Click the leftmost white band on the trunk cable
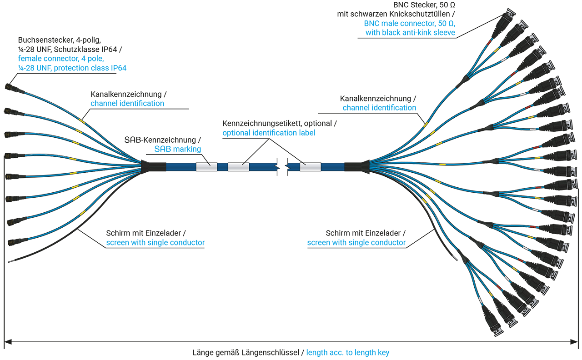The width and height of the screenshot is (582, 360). point(206,167)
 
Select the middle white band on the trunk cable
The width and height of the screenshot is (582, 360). point(238,167)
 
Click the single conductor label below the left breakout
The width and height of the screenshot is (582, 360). point(153,241)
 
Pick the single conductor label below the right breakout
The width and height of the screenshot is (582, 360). point(357,241)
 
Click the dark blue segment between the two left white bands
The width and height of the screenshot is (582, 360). point(222,167)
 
